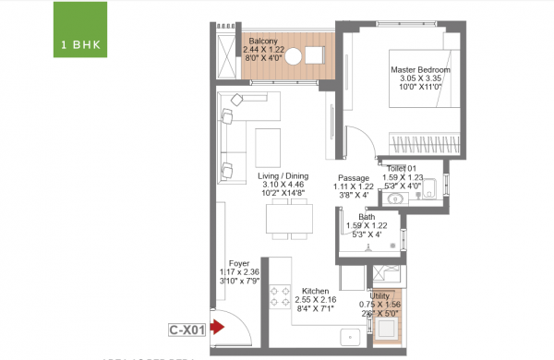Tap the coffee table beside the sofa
click(269, 146)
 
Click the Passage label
click(354, 177)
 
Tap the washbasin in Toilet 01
click(398, 197)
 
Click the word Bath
click(367, 217)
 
